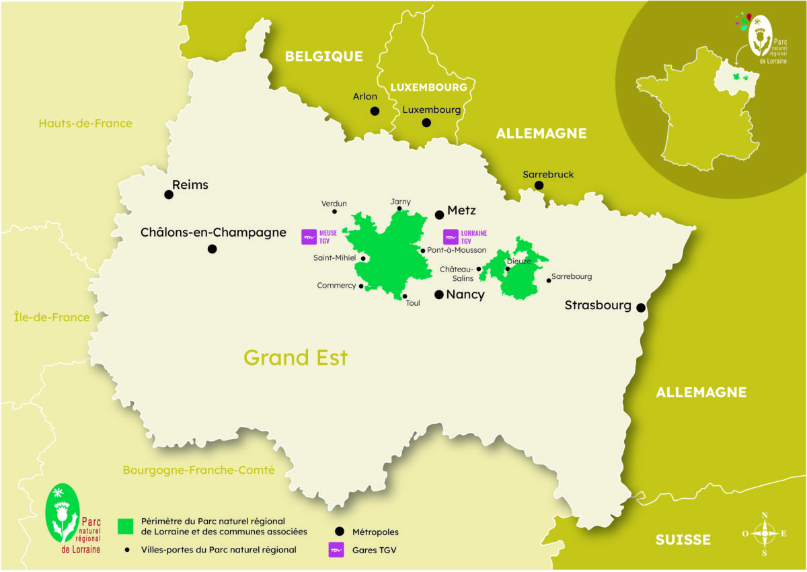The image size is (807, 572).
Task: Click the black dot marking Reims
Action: click(x=169, y=195)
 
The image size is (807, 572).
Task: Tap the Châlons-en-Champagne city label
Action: click(x=213, y=233)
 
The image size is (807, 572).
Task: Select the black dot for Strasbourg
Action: click(x=641, y=308)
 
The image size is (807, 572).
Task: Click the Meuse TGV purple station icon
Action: click(x=309, y=237)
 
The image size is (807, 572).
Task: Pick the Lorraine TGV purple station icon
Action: click(x=451, y=237)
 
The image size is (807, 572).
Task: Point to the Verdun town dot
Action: click(x=334, y=212)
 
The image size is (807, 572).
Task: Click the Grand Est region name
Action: click(x=295, y=358)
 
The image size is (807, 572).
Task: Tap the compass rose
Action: click(x=764, y=534)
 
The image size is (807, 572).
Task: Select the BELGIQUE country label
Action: click(x=323, y=56)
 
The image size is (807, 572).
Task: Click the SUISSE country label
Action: click(x=683, y=540)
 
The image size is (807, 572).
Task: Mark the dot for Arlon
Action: click(x=375, y=111)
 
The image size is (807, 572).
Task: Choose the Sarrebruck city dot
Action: click(x=539, y=186)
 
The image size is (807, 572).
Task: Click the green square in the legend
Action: click(x=124, y=526)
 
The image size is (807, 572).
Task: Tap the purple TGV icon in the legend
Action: click(x=336, y=550)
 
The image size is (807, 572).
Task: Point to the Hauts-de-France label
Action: click(x=85, y=124)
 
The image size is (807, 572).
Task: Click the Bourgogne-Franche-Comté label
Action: click(x=198, y=471)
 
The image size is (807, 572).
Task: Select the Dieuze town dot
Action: click(x=508, y=269)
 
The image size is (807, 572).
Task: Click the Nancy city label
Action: click(x=465, y=294)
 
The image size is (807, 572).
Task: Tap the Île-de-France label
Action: click(x=52, y=317)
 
